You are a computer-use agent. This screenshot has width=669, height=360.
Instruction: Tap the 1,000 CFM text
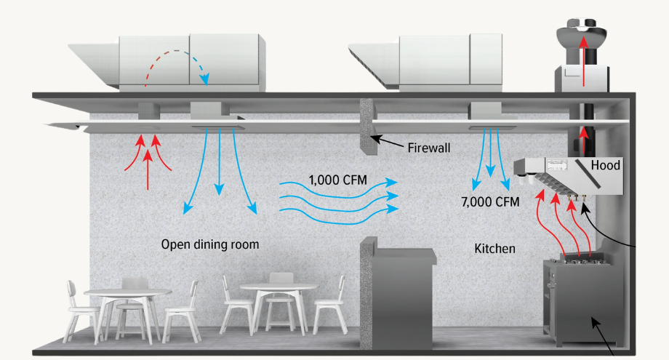click(335, 179)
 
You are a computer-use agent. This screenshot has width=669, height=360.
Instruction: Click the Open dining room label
click(209, 244)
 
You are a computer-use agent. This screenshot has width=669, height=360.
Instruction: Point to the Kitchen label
click(494, 249)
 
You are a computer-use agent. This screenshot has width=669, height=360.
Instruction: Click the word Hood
click(605, 165)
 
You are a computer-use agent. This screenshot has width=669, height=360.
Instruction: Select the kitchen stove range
click(582, 298)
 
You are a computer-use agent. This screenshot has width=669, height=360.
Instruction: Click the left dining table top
click(127, 292)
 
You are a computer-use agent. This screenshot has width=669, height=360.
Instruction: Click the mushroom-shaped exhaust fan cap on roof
click(582, 35)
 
